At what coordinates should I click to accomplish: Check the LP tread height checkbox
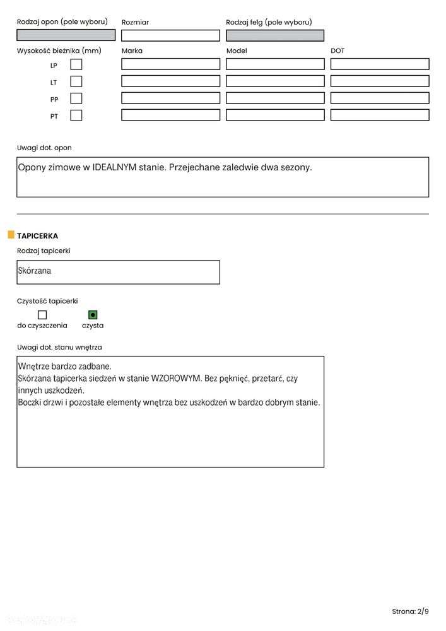76,64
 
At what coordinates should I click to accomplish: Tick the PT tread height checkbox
76,115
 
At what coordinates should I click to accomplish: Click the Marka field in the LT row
170,81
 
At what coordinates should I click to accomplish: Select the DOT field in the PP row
379,98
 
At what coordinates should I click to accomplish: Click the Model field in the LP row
275,64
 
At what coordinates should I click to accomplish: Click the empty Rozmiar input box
170,35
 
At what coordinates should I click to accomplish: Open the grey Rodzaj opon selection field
66,35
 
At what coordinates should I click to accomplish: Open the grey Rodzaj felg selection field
275,35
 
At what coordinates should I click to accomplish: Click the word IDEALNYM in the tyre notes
114,168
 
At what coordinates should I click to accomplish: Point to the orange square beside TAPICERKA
11,235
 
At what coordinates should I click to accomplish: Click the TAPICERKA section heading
38,236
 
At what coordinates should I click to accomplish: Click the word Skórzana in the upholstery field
35,271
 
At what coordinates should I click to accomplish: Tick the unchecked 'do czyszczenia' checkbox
42,314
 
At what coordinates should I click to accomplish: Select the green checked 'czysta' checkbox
93,314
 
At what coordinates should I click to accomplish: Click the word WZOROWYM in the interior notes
176,379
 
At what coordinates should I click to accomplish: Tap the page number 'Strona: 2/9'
410,611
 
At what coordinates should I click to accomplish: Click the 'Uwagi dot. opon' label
44,148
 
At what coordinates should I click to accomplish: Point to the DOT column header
337,51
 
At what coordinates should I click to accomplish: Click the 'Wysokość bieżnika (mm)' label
59,51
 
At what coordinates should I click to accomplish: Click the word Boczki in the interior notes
32,403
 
